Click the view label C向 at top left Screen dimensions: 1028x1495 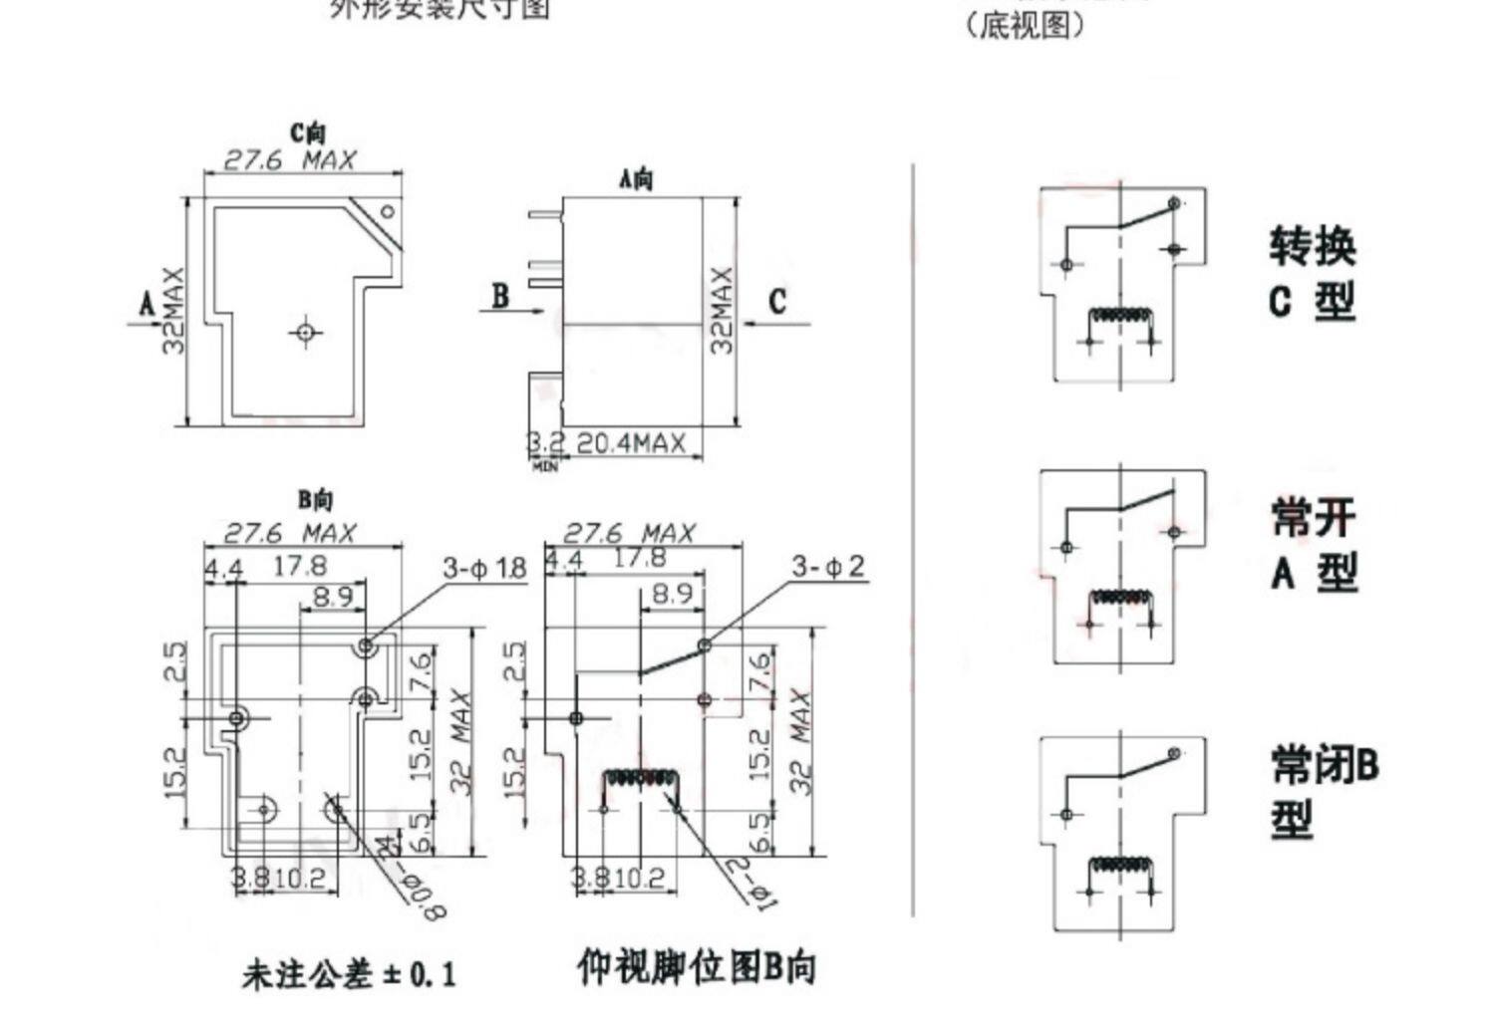coord(308,132)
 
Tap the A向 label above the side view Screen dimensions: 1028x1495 coord(636,179)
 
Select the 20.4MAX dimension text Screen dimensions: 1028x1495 coord(631,443)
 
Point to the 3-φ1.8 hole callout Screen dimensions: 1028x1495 coord(484,569)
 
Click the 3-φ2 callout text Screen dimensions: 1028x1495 coord(828,567)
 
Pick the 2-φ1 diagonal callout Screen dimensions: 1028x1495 coord(752,885)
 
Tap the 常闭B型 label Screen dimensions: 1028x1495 coord(1323,792)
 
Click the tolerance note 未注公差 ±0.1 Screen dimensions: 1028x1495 coord(348,973)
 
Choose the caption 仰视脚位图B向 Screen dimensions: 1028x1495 coord(696,967)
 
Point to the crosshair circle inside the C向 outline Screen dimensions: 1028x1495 coord(306,331)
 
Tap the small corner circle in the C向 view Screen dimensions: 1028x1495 coord(388,211)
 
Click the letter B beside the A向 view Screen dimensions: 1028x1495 coord(500,296)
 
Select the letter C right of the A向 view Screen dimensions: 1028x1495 coord(777,301)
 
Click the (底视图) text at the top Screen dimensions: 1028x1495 coord(1024,25)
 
